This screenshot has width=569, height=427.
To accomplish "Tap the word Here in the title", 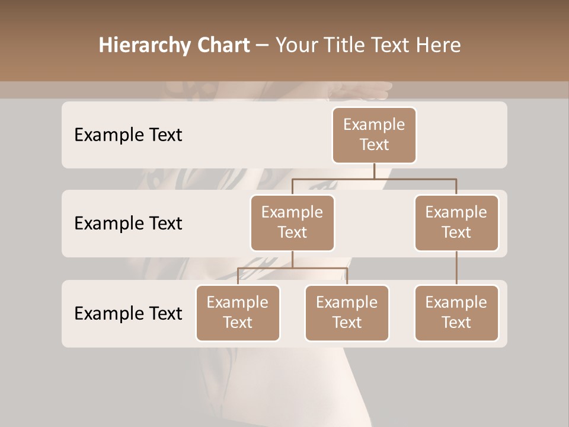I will (439, 46).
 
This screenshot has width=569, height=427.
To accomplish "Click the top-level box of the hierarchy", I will (374, 135).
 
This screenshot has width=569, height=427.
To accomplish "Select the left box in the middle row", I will (292, 222).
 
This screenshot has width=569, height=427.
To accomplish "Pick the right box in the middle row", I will (456, 222).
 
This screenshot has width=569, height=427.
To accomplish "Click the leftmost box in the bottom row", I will (238, 313).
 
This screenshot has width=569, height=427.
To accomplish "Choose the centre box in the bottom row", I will (347, 313).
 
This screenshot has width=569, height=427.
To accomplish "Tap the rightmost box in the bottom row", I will (456, 313).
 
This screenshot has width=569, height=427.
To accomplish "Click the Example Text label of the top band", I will (128, 135).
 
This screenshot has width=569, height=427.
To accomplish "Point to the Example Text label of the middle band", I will (128, 223).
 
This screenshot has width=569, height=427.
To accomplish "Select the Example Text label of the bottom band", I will (128, 313).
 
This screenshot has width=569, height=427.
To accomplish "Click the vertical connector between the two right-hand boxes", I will (456, 268).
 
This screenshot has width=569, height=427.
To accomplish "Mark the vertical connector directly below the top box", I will (374, 171).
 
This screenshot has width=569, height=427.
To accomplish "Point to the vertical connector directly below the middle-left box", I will (292, 259).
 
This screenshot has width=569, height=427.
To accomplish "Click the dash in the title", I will (263, 46).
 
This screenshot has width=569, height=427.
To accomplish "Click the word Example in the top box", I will (374, 125).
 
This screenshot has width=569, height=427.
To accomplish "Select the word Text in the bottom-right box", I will (456, 323).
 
